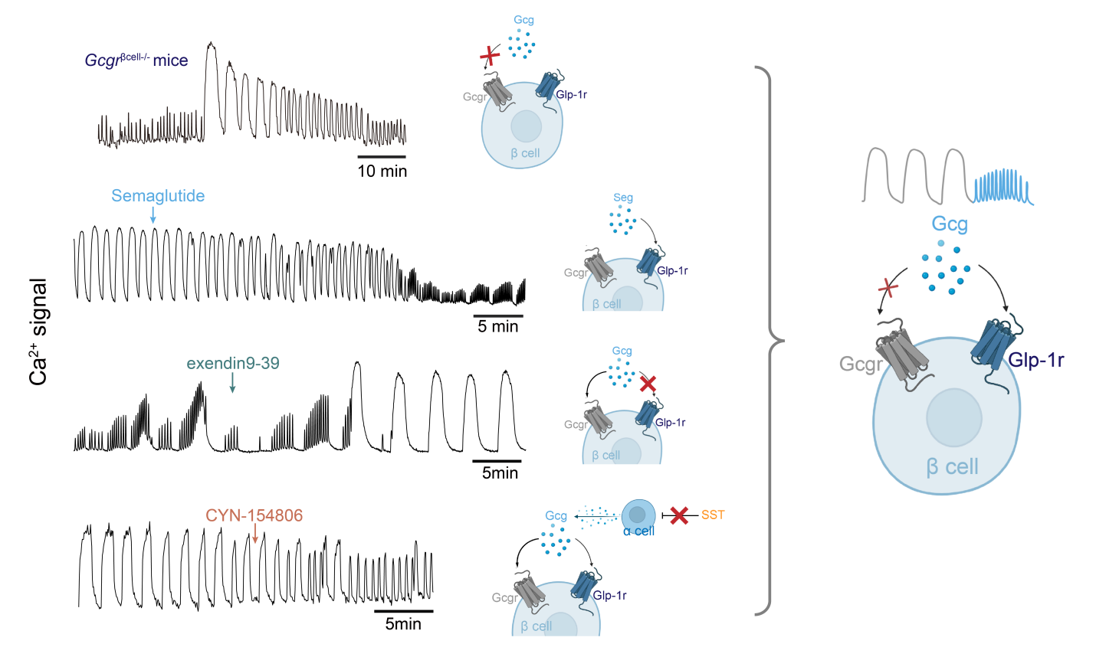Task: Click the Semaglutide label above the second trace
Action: coord(158,196)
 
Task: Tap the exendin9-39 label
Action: coord(233,363)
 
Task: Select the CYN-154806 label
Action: coord(254,515)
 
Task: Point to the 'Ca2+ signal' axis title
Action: coord(39,331)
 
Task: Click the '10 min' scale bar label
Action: coord(382,172)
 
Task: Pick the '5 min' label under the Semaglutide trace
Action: coord(498,327)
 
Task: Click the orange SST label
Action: coord(713,515)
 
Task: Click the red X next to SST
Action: coord(678,515)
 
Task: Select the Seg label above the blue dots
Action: coord(623,198)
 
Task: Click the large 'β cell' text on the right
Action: coord(952,466)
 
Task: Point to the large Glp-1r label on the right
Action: coord(1035,360)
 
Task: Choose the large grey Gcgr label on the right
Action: coord(861,364)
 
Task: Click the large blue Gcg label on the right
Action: coord(950,224)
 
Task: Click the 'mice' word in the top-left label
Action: coord(170,60)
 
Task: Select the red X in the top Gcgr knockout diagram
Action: coord(489,56)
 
